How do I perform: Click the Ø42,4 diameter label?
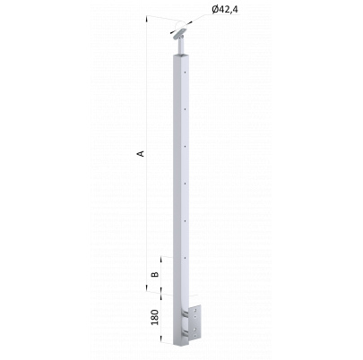tap(225, 10)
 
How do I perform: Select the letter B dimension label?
tap(154, 274)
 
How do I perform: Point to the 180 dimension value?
tap(154, 317)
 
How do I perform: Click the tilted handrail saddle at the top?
tap(180, 33)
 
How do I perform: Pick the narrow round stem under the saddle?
tap(181, 47)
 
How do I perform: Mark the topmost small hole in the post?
tap(186, 72)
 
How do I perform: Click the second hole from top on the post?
tap(186, 109)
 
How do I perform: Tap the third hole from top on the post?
tap(186, 146)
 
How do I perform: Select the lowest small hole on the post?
tap(186, 258)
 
